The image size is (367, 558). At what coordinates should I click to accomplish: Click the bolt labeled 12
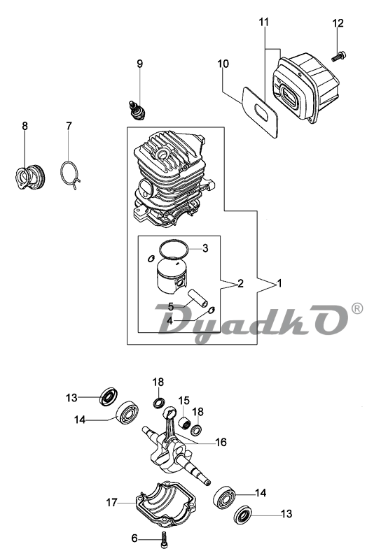tap(339, 56)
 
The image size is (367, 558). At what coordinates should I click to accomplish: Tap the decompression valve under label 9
tap(137, 110)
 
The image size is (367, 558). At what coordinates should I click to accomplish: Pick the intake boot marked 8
tap(31, 176)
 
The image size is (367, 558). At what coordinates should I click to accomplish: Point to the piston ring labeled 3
tap(174, 248)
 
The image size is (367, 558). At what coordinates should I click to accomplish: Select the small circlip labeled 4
tap(212, 310)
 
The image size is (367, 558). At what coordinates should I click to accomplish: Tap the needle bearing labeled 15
tap(185, 423)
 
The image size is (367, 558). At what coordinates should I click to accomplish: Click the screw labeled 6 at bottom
tap(165, 539)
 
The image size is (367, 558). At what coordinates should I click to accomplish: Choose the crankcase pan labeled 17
tap(165, 504)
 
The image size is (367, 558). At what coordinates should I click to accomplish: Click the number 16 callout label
tap(221, 443)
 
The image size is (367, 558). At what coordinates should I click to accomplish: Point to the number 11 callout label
tap(263, 22)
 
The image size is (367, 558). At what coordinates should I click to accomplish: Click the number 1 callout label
tap(279, 284)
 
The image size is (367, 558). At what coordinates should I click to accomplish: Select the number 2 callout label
tap(240, 284)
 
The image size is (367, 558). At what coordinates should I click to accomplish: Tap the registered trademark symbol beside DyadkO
tap(356, 308)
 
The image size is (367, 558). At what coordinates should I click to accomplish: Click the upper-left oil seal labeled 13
tap(109, 397)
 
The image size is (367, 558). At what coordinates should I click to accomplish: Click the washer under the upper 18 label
tap(159, 403)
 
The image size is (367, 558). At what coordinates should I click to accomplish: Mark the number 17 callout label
tap(111, 503)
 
